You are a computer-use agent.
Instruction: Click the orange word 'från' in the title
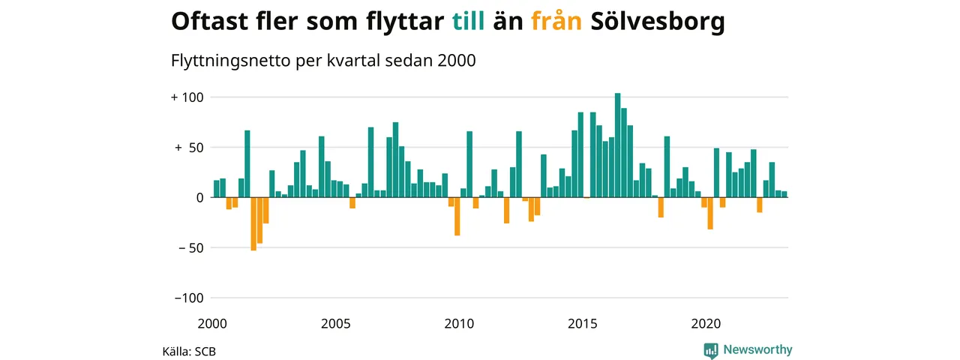click(x=556, y=22)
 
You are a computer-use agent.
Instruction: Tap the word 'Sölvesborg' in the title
click(x=658, y=22)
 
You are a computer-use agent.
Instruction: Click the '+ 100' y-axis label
click(x=187, y=97)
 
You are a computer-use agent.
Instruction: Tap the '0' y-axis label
click(x=200, y=198)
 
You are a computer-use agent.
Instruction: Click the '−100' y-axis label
click(x=189, y=298)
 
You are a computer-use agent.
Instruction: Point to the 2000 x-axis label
click(x=212, y=324)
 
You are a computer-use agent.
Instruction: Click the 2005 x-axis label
click(x=335, y=324)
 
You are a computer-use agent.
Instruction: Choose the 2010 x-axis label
click(x=459, y=324)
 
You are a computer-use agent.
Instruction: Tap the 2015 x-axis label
click(x=583, y=324)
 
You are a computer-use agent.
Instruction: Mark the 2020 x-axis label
click(x=706, y=324)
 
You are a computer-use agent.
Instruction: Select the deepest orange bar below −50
click(x=253, y=223)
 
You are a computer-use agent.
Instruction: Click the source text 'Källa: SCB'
click(x=189, y=351)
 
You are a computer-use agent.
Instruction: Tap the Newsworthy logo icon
click(x=711, y=349)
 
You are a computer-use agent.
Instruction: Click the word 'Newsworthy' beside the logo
click(x=757, y=349)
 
